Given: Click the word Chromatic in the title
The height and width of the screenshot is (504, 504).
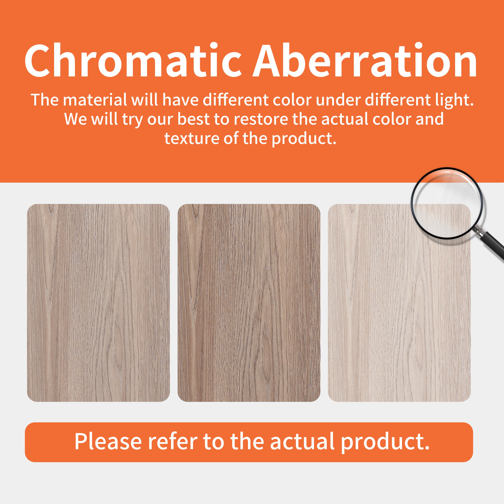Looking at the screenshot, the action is pos(133,60).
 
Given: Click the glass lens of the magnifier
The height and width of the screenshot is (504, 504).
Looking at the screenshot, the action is pos(447,203).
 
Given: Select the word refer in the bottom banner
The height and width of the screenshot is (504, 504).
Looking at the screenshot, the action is pos(173,442).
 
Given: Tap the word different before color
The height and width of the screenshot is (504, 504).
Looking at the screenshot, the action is pos(236,100).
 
